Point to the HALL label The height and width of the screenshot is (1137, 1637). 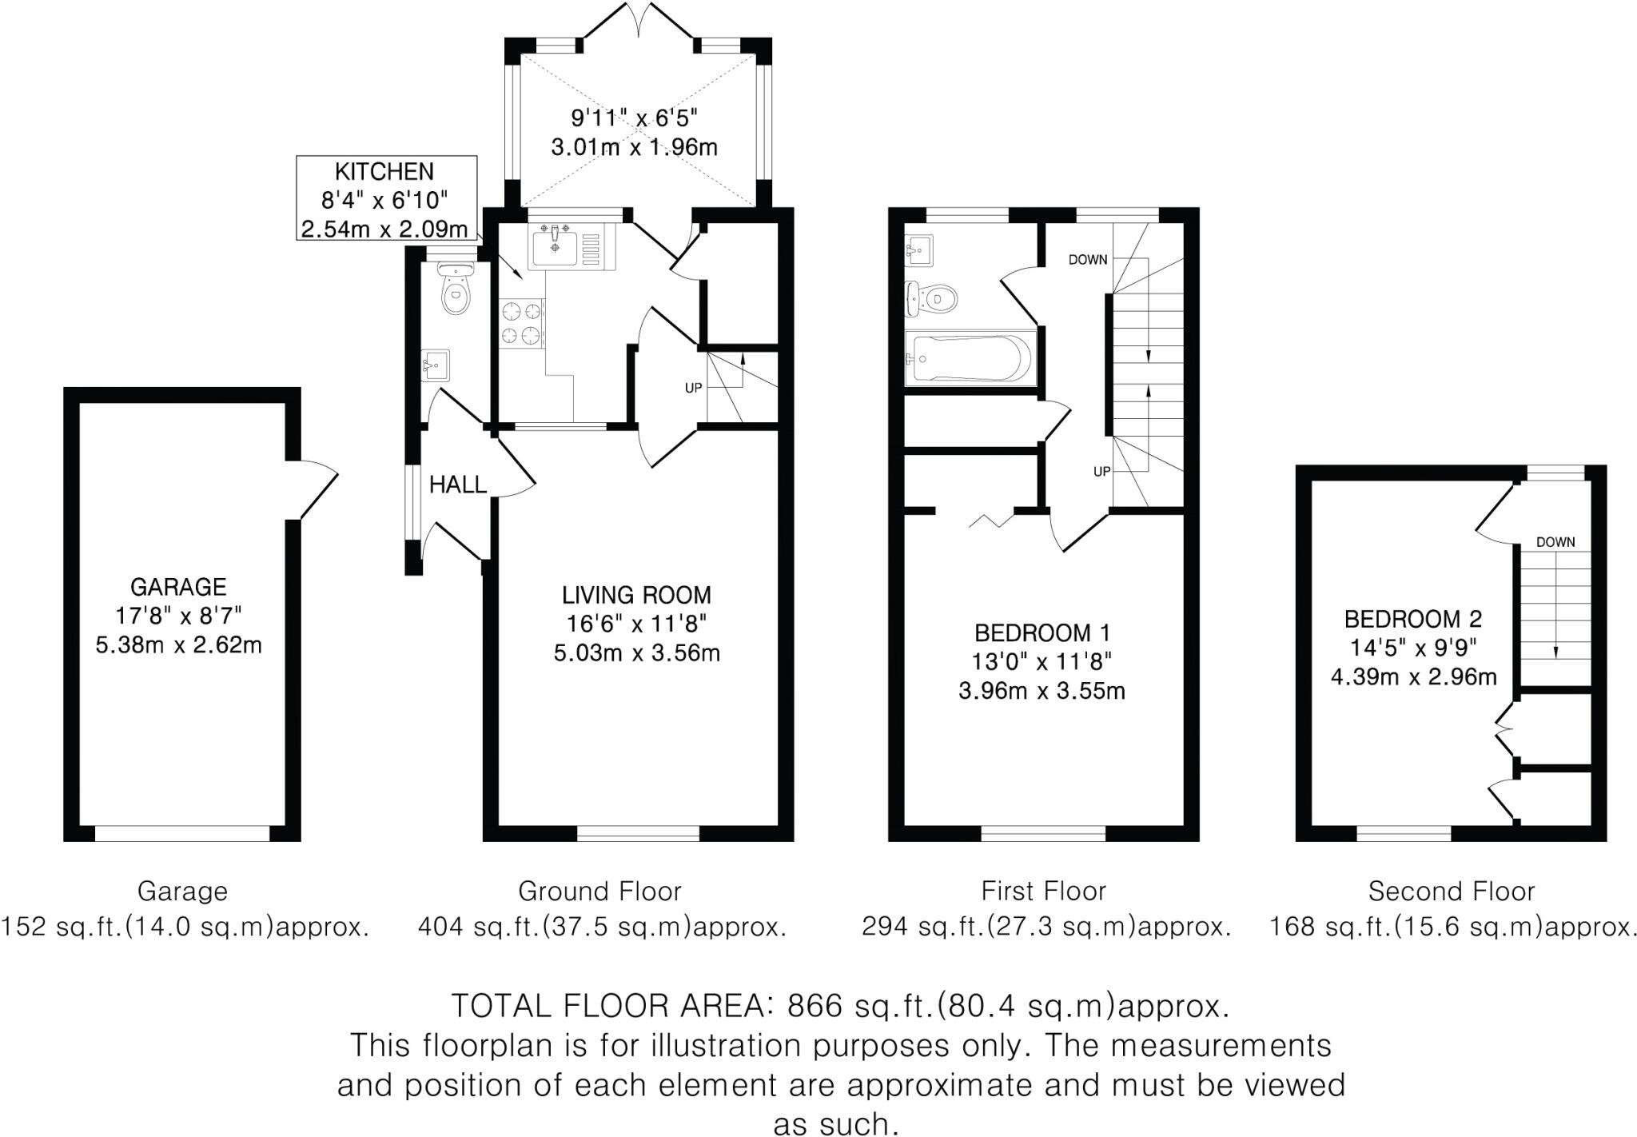point(457,485)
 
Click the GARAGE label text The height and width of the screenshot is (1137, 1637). point(178,587)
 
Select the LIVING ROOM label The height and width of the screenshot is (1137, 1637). point(636,595)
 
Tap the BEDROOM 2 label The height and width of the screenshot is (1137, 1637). point(1412,619)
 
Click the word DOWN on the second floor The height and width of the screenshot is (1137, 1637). point(1555,542)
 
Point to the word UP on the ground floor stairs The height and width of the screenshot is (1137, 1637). point(693,388)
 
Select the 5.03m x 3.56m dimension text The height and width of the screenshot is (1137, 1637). point(636,653)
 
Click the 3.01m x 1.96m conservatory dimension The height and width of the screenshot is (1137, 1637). point(634,147)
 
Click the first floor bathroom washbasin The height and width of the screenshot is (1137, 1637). point(918,251)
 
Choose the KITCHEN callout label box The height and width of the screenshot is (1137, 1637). point(386,198)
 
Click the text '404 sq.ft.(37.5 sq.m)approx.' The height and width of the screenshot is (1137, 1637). point(602,927)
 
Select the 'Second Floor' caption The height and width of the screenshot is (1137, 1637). point(1451,891)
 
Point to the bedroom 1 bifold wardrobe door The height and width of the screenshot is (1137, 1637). point(991,520)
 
